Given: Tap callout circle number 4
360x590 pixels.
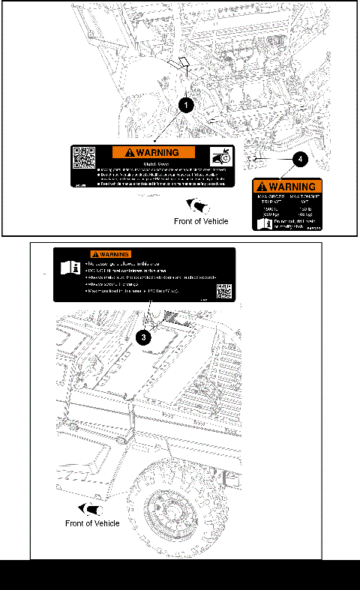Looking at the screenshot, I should (x=299, y=158).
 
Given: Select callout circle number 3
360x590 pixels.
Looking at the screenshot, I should (x=145, y=337).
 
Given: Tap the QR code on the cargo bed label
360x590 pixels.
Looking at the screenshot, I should (x=223, y=291).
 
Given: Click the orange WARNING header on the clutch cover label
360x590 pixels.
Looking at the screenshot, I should (x=153, y=152).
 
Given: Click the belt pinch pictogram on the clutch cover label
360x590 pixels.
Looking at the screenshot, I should (x=221, y=158).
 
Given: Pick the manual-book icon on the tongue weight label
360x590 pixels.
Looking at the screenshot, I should (x=260, y=223).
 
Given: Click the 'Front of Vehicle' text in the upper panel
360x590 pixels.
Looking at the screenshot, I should (x=201, y=221).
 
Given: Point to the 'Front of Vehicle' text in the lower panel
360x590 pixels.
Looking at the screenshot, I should (x=92, y=523).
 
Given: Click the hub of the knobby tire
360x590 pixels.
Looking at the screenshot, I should (x=166, y=513).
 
